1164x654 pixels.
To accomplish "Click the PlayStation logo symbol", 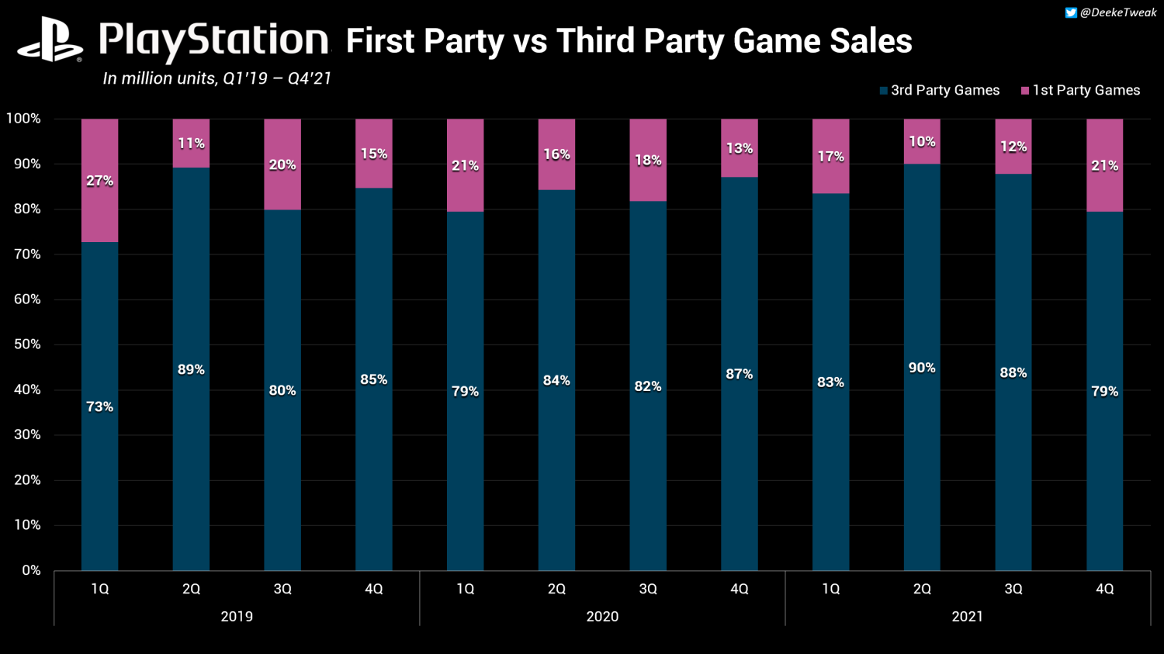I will [x=50, y=40].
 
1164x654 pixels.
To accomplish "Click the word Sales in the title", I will [x=871, y=41].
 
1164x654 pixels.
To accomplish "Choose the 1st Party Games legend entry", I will [x=1080, y=91].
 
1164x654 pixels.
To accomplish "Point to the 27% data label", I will [x=99, y=181].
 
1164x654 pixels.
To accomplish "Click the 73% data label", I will [x=99, y=407].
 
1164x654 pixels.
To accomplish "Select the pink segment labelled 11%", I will [x=191, y=144].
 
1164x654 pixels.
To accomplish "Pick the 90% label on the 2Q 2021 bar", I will [x=922, y=368].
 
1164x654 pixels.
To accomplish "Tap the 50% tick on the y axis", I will [x=23, y=344].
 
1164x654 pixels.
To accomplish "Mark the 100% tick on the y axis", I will [x=23, y=119].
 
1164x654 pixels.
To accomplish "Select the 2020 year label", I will [x=602, y=617].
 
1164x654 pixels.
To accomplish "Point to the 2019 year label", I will [x=237, y=617].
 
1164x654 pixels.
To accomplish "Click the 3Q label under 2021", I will [x=1013, y=589].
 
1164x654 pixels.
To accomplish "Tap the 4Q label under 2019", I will [x=374, y=589].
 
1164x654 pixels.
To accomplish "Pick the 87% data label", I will [x=740, y=374].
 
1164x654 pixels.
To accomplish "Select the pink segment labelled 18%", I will [x=648, y=161].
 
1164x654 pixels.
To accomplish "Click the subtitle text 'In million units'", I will [x=160, y=78].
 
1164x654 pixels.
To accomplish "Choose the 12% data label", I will [x=1013, y=147].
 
